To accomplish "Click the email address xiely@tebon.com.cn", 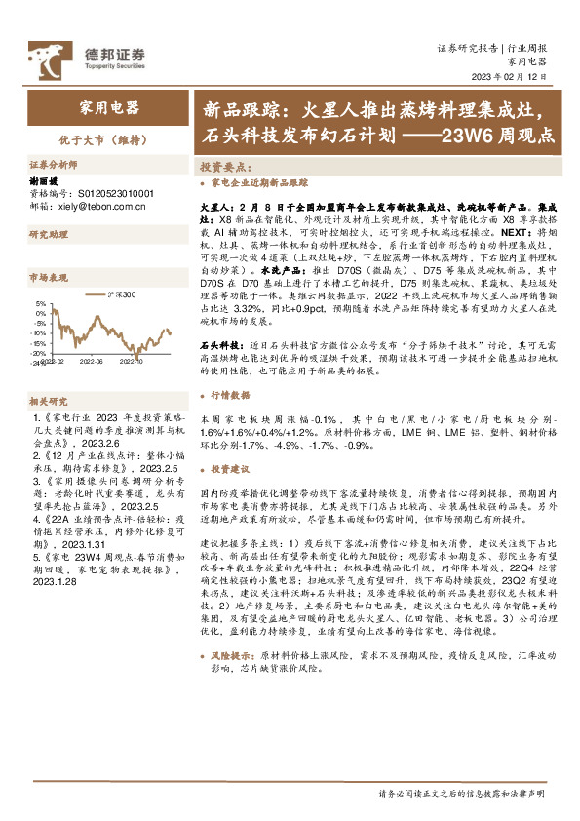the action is point(106,207).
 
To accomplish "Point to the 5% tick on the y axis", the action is point(41,304).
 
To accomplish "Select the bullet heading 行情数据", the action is point(231,395).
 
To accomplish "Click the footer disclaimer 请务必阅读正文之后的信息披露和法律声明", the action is point(468,794).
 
